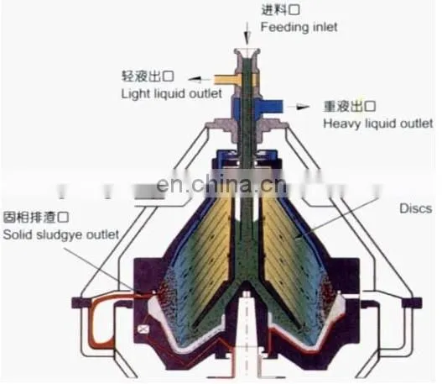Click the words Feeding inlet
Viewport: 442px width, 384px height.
[299, 28]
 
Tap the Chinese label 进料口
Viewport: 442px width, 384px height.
[280, 10]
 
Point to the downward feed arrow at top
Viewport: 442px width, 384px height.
[247, 33]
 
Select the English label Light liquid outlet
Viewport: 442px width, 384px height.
[171, 94]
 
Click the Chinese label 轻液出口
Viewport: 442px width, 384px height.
[148, 76]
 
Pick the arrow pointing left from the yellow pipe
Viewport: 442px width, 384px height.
[199, 80]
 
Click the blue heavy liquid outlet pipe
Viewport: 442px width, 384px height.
[271, 107]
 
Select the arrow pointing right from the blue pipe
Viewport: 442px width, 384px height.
[299, 107]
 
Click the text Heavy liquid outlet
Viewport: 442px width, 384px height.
[377, 124]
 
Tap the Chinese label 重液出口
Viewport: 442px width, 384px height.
[350, 107]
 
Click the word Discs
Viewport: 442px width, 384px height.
[415, 208]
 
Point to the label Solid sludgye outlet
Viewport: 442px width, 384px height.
[61, 235]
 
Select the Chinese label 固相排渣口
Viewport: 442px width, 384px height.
[36, 218]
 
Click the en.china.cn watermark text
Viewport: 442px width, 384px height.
[221, 184]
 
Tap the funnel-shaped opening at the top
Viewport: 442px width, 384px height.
[247, 53]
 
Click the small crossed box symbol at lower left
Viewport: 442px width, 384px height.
[143, 329]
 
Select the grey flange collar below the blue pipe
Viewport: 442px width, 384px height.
[247, 126]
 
